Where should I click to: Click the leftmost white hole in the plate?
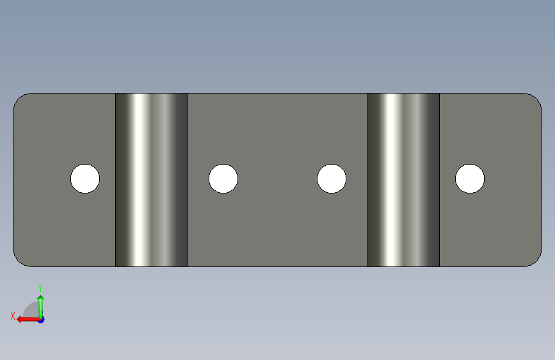(x=85, y=179)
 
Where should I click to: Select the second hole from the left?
(x=223, y=179)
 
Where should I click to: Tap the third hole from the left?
(x=332, y=179)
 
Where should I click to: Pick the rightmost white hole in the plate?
(x=470, y=179)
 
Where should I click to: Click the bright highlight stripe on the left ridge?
(x=141, y=179)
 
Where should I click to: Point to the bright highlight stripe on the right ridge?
(x=392, y=179)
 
